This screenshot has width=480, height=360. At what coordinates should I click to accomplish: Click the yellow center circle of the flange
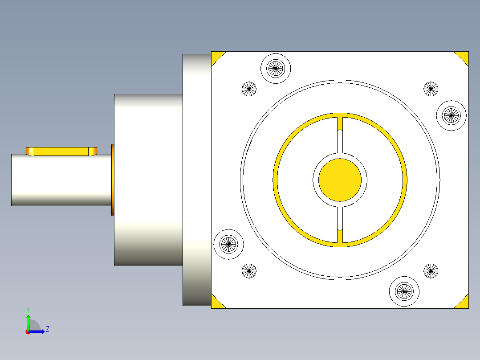coord(340,179)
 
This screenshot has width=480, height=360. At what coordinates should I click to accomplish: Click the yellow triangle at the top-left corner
coord(216,57)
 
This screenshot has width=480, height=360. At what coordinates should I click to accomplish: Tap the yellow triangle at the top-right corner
coord(463,56)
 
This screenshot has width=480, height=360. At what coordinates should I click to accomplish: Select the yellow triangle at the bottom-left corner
coord(216,303)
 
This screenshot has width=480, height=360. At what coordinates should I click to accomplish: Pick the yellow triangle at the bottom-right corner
coord(463,303)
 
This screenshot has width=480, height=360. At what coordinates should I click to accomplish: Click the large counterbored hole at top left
coord(275,68)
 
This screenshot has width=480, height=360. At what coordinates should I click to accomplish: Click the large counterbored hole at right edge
coord(451,115)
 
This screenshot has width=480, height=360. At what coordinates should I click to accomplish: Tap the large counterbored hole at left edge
coord(229,244)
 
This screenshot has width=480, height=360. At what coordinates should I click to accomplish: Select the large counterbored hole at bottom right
coord(404,291)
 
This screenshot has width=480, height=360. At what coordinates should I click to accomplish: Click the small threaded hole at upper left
coord(249,89)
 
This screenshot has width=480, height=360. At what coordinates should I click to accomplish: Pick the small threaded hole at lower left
coord(249,270)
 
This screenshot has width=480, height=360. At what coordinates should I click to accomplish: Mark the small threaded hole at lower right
coord(431,270)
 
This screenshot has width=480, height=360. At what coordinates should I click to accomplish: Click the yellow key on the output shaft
coord(61,151)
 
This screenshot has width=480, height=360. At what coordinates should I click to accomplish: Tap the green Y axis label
coord(28,309)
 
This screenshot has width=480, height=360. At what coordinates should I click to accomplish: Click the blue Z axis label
coord(47,329)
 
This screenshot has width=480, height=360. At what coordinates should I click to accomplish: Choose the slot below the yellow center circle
coord(340,218)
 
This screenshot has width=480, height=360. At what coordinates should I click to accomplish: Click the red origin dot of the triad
coord(28,331)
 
